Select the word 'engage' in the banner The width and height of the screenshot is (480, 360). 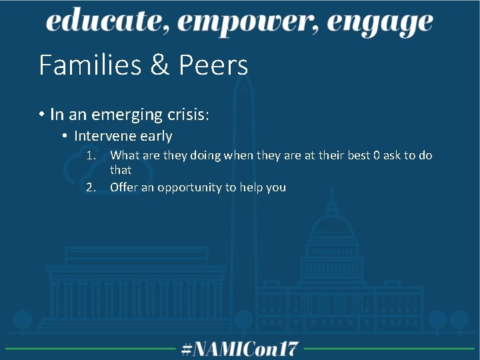[x=383, y=24]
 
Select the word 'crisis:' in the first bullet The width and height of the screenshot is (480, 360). [x=187, y=115]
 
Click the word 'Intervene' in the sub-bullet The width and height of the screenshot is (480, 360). [x=103, y=136]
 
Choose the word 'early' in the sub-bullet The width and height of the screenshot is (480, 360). [x=156, y=137]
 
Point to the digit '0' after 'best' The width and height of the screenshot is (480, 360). [x=377, y=155]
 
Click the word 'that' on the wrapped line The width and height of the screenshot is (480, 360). [x=121, y=170]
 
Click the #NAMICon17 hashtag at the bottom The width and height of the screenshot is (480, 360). [x=240, y=349]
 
